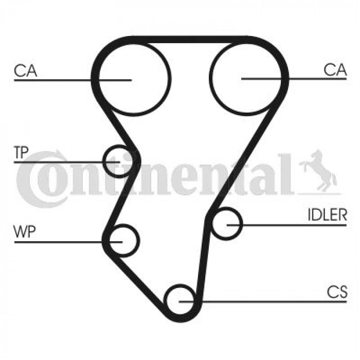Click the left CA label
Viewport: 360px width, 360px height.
click(x=25, y=71)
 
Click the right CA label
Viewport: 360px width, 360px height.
click(x=335, y=69)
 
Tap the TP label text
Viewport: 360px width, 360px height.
click(x=21, y=152)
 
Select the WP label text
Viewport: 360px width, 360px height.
click(x=25, y=231)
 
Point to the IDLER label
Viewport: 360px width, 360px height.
click(x=327, y=214)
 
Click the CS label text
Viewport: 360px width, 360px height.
click(x=337, y=292)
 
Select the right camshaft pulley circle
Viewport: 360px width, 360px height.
click(x=209, y=78)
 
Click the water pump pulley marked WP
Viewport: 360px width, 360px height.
click(x=139, y=240)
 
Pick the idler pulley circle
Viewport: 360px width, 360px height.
click(x=242, y=223)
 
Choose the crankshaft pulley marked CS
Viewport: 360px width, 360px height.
click(x=165, y=301)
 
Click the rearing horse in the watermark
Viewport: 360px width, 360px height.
click(x=318, y=171)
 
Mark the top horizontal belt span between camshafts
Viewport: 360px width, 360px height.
click(x=191, y=40)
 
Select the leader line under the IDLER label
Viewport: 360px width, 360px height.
click(x=286, y=225)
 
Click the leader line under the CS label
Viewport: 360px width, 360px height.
click(x=263, y=301)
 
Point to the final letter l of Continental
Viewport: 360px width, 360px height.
click(x=286, y=174)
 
